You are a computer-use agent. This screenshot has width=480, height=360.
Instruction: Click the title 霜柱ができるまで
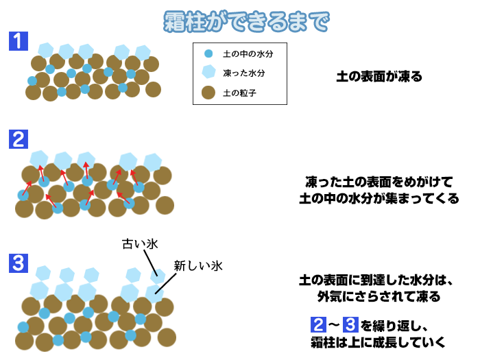coord(246,21)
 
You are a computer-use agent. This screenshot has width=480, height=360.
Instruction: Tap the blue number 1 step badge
coord(19,41)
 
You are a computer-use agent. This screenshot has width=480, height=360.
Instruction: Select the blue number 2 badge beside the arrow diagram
coord(19,139)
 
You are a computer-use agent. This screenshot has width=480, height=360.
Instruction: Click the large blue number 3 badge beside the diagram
coord(19,263)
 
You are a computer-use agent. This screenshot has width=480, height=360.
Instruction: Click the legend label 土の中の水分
coord(248,54)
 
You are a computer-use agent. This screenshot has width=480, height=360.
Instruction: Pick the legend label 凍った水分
coord(244,73)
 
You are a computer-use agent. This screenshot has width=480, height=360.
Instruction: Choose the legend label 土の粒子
coord(240,93)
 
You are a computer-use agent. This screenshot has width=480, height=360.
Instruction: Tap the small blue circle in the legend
coord(208,54)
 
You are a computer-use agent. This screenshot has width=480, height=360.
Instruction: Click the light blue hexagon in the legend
coord(208,71)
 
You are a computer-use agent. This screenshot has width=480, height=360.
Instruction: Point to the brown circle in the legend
coord(208,93)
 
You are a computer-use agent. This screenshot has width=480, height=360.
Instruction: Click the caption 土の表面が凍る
coord(379,77)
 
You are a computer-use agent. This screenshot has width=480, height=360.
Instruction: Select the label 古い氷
coord(140,244)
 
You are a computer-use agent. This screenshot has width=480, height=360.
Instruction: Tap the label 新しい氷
coord(198,266)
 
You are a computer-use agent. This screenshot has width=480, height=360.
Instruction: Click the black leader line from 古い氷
coord(151,263)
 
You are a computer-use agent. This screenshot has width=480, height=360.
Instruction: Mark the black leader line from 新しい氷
coord(166,284)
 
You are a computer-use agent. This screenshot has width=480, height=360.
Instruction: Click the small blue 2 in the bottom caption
coord(318,325)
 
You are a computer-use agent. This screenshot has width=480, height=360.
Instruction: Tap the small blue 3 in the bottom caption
coord(350,325)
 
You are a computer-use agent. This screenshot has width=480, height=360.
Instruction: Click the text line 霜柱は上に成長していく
coord(379,342)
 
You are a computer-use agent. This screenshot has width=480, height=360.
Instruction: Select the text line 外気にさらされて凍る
coord(379,296)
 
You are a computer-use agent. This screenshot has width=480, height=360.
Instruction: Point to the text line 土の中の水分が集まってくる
coord(379,198)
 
